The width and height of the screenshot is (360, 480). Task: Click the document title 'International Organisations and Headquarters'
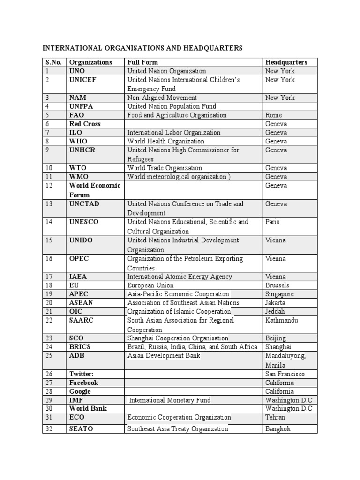142,48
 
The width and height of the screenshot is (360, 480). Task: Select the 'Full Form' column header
142,62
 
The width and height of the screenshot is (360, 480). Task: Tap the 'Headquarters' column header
286,62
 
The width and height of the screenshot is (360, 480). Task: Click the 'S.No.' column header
53,62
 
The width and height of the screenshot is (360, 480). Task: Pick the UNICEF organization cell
82,80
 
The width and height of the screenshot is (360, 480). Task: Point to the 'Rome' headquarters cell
273,115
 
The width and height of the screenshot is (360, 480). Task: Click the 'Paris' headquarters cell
273,222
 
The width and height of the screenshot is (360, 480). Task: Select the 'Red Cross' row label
85,124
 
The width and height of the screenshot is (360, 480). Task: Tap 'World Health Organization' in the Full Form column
166,141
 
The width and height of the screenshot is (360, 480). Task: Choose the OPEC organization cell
79,259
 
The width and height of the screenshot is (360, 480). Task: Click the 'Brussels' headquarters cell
277,285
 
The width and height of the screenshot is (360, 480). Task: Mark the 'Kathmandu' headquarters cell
281,320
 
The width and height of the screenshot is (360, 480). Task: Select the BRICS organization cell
80,347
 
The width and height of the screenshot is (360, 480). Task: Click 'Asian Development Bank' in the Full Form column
164,356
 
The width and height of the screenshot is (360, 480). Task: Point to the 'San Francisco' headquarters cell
285,374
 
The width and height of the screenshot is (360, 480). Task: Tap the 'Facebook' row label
84,382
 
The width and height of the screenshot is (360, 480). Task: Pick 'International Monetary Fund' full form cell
170,400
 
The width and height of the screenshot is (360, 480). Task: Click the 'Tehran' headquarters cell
275,417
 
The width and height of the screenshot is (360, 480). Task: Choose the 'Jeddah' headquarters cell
275,312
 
